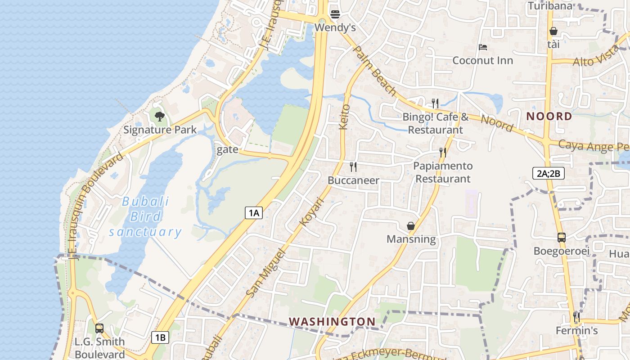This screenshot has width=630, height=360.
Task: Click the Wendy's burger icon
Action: [335, 14]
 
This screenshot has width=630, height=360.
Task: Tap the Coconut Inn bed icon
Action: [483, 47]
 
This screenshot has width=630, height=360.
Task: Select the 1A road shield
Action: [254, 213]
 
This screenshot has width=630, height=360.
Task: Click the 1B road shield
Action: [160, 337]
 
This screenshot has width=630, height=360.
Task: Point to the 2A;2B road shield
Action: [548, 173]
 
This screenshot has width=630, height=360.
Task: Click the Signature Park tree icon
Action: [160, 117]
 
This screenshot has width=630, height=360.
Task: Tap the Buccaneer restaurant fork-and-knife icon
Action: [353, 167]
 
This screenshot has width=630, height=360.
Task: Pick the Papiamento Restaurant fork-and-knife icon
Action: [443, 153]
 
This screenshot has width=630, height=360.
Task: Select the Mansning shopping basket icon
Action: [411, 225]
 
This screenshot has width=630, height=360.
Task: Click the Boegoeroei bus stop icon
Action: [562, 238]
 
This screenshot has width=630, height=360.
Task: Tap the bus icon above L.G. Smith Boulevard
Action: [99, 328]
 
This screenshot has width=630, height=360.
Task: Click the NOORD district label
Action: [549, 117]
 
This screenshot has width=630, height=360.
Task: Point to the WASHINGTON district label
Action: [332, 321]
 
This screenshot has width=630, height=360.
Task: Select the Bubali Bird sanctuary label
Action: [145, 216]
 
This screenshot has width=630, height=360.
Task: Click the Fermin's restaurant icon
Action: [576, 317]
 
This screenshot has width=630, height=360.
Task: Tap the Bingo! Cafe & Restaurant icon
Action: [435, 103]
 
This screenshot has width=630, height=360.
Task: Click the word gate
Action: [227, 150]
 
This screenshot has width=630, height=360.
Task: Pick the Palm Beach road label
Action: [375, 71]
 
